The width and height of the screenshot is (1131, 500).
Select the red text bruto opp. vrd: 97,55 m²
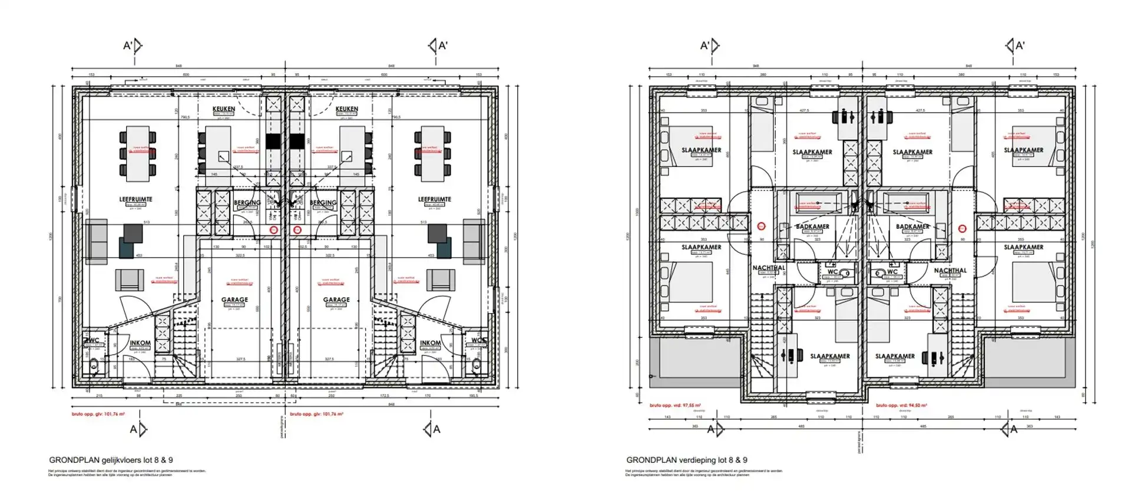point(675,406)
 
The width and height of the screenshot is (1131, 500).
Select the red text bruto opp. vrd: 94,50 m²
point(901,406)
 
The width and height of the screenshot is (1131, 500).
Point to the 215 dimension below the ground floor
point(99,396)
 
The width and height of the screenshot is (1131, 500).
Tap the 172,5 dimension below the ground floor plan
point(384,396)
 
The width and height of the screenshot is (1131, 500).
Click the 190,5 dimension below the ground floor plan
point(473,396)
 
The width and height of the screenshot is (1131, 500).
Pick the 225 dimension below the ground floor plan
point(179,396)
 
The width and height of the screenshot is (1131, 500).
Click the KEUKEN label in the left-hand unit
point(223,109)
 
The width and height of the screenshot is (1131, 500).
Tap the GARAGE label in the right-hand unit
point(336,300)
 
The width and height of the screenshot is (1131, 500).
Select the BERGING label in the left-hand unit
point(247,203)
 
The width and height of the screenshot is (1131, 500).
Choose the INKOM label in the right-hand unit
point(430,343)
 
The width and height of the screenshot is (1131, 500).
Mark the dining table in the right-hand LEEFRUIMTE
point(433,153)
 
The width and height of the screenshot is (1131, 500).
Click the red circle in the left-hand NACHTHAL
point(761,226)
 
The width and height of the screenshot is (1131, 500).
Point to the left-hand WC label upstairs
point(832,272)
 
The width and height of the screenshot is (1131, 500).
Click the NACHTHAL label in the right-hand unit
point(950,271)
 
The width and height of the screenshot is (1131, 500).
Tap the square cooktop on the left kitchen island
point(224,156)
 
